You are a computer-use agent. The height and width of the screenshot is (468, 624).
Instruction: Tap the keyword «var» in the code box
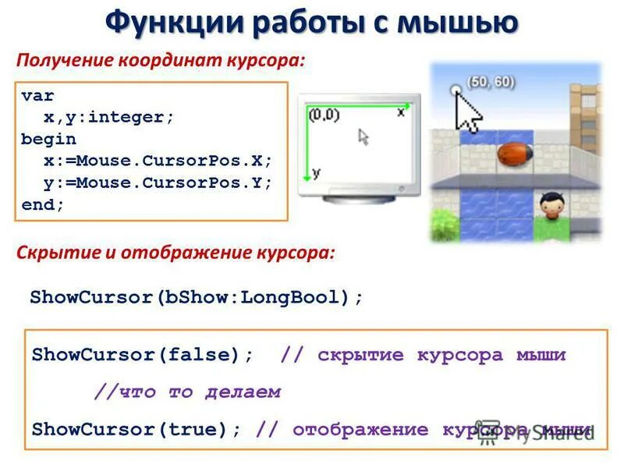tap(37, 96)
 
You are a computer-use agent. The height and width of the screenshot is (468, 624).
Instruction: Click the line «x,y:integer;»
tap(108, 117)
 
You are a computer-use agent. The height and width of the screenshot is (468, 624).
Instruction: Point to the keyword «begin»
tap(48, 139)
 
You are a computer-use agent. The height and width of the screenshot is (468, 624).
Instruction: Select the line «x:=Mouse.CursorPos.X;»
tap(158, 161)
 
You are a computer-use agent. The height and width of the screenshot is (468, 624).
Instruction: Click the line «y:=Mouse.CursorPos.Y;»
tap(158, 183)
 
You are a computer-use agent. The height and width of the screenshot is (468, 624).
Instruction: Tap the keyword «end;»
tap(43, 204)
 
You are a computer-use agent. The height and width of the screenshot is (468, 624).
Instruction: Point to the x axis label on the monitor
tap(401, 112)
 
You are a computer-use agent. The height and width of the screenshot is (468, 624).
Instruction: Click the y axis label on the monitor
tap(316, 172)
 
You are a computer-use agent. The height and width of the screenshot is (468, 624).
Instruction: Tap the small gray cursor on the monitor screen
tap(363, 136)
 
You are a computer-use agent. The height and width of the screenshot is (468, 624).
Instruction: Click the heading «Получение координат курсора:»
tap(161, 60)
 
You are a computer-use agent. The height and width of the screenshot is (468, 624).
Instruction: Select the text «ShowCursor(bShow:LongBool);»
tap(197, 297)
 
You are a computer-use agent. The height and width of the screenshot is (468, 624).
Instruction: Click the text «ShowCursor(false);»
tap(143, 355)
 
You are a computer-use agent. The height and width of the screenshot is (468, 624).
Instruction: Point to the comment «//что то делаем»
tap(187, 392)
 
